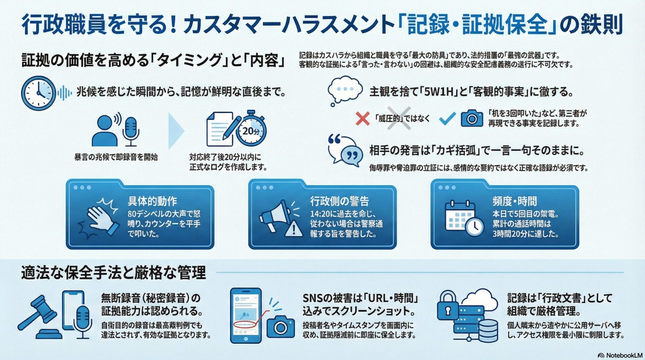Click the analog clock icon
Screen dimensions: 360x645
coord(38,93)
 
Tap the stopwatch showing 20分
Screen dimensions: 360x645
coord(252,129)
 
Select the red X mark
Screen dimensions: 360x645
coord(362,119)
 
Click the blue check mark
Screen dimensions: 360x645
coord(447,118)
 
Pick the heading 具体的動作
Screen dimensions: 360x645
coord(152,201)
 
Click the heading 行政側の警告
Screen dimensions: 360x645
coord(339,201)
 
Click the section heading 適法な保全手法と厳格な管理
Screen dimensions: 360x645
coord(113,272)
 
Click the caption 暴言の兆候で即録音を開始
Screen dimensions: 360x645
coord(116,157)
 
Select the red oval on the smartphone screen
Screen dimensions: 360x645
coord(245,325)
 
